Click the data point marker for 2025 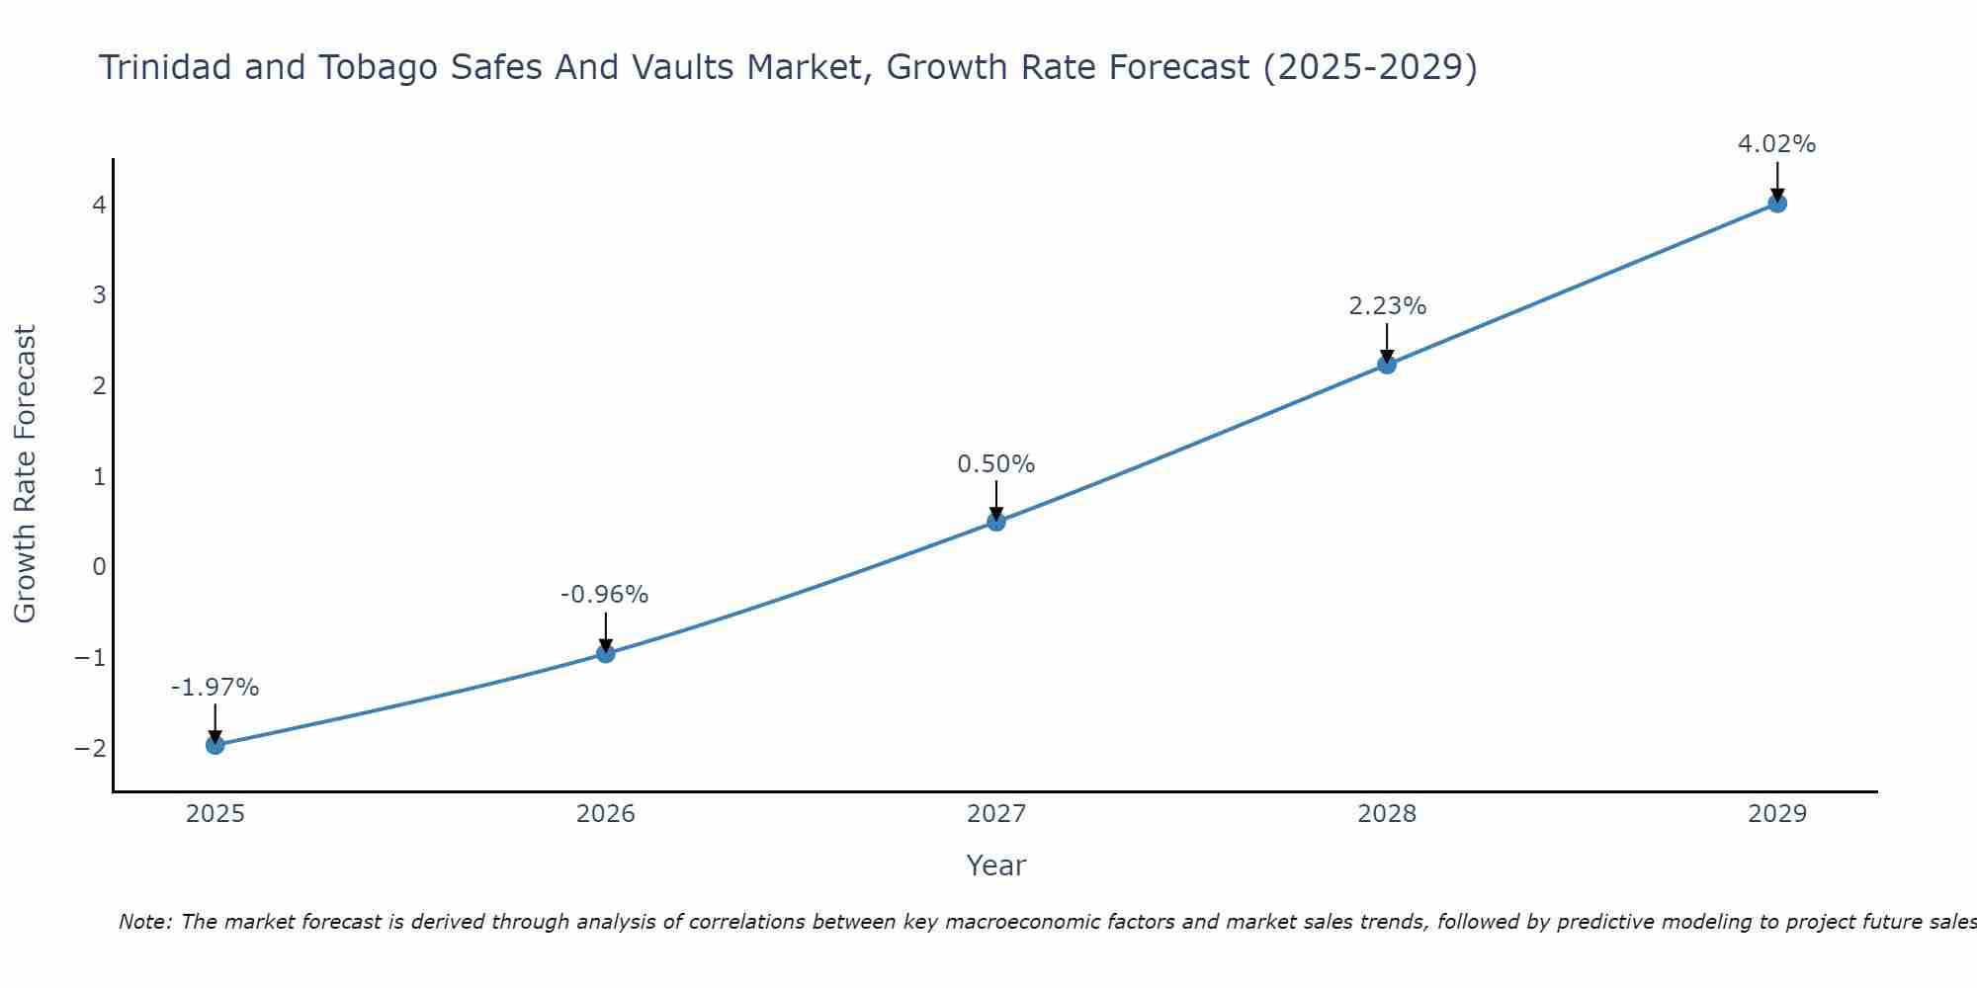pos(215,745)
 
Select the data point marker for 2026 pos(606,653)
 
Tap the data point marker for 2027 pos(996,522)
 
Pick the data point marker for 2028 pos(1387,365)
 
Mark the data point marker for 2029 pos(1777,204)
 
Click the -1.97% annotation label pos(215,688)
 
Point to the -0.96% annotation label pos(604,595)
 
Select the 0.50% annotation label pos(995,464)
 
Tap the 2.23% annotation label pos(1387,306)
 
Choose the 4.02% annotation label pos(1776,144)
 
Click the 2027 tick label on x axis pos(996,814)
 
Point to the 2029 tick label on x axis pos(1777,814)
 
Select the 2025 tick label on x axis pos(215,814)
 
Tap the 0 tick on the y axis pos(99,567)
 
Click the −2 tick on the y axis pos(91,748)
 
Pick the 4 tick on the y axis pos(99,206)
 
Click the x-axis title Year pos(995,865)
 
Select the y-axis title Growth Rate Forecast pos(26,474)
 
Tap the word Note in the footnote pos(144,923)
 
